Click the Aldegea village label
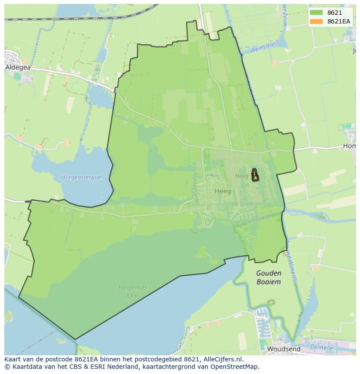(x=18, y=67)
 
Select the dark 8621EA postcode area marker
(x=255, y=175)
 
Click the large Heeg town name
(x=223, y=191)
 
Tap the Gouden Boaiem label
(x=268, y=277)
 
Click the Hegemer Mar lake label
(x=133, y=291)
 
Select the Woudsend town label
(x=283, y=349)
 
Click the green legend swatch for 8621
(x=316, y=13)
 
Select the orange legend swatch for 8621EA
(x=316, y=21)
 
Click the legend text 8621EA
(x=339, y=21)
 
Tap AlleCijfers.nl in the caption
(x=223, y=359)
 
